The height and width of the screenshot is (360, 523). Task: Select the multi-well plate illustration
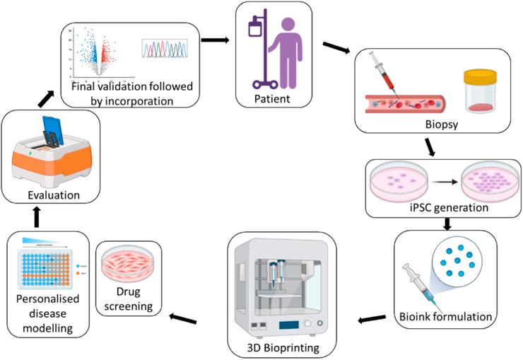[x=47, y=275]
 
